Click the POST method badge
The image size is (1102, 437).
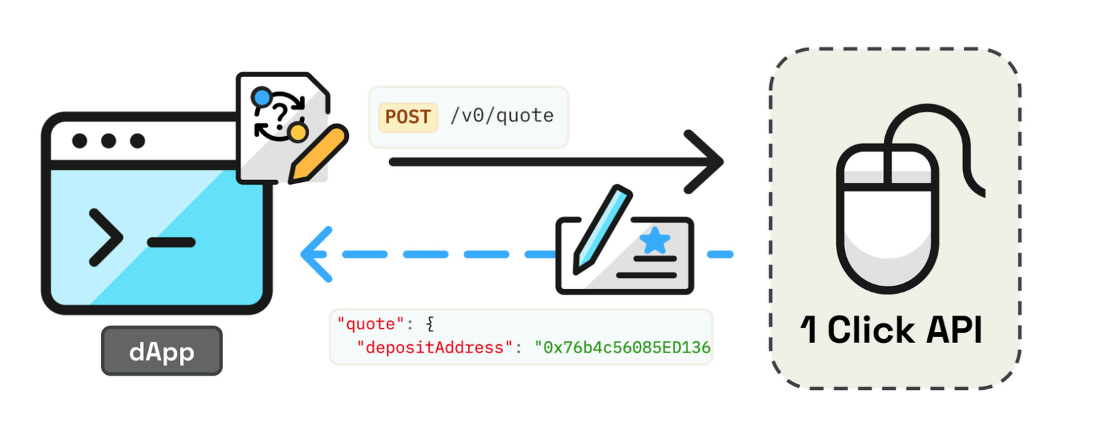tap(408, 117)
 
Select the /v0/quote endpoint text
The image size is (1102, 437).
tap(502, 116)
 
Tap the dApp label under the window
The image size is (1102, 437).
tap(162, 351)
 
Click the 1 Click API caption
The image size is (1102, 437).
tap(891, 331)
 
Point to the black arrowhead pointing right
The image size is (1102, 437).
tap(706, 162)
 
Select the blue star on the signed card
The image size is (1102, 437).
tap(655, 240)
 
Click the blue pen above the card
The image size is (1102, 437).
tap(601, 228)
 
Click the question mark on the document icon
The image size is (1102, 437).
tap(279, 112)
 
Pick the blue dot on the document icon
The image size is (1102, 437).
tap(260, 97)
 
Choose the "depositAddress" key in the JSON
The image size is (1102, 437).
tap(434, 348)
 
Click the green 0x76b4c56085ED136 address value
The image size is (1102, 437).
tap(622, 348)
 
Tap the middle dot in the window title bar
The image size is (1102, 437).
tap(108, 141)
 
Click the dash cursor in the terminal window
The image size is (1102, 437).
tap(171, 242)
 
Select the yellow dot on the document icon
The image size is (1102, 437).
tap(297, 132)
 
